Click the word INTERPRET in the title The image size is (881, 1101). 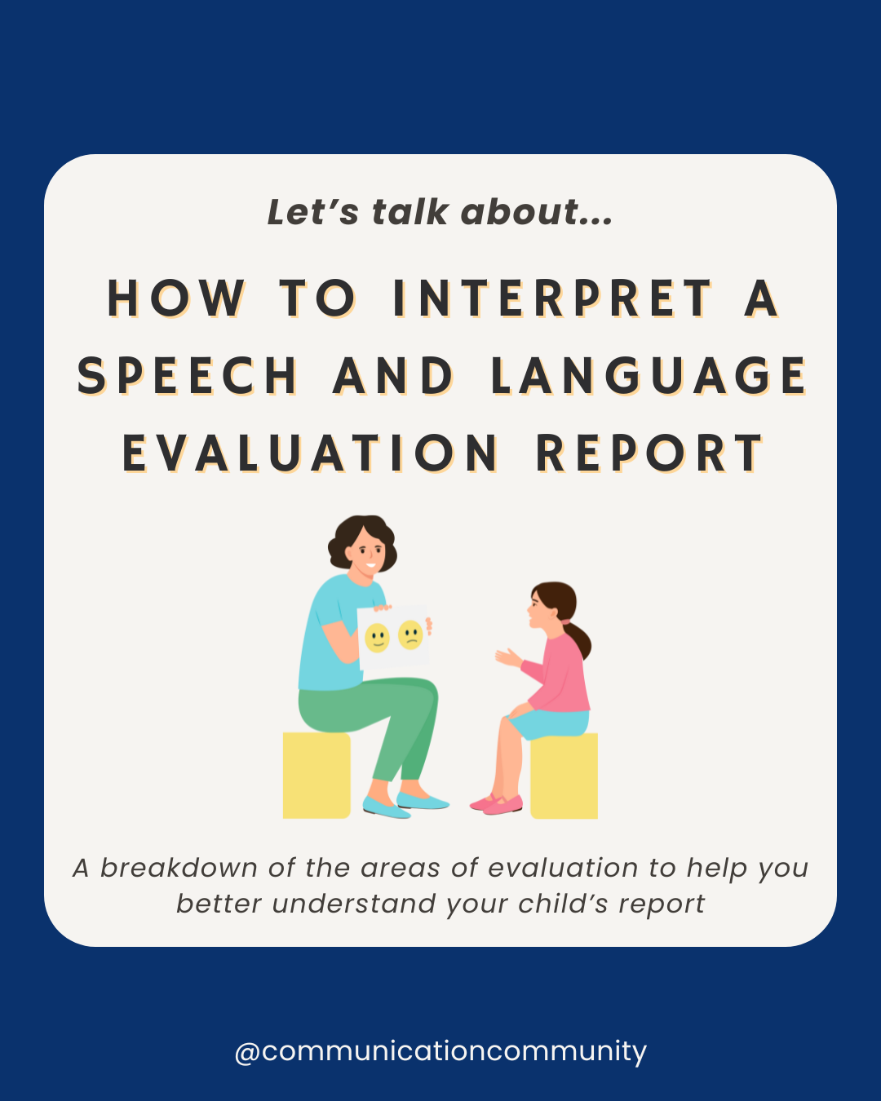click(x=552, y=298)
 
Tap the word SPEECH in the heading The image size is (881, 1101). click(x=188, y=377)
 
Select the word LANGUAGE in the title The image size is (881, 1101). click(x=649, y=377)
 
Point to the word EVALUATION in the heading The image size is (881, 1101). click(x=311, y=454)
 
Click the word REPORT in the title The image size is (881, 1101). click(x=649, y=454)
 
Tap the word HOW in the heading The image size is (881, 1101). click(x=176, y=298)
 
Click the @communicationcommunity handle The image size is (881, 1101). click(x=440, y=1050)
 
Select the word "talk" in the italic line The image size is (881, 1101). click(x=410, y=212)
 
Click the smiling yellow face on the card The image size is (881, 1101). click(x=377, y=637)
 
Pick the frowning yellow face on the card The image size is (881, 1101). click(x=410, y=635)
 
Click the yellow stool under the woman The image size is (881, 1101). click(x=317, y=775)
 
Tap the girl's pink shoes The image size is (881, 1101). click(x=498, y=804)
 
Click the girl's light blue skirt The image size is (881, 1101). click(x=548, y=723)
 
